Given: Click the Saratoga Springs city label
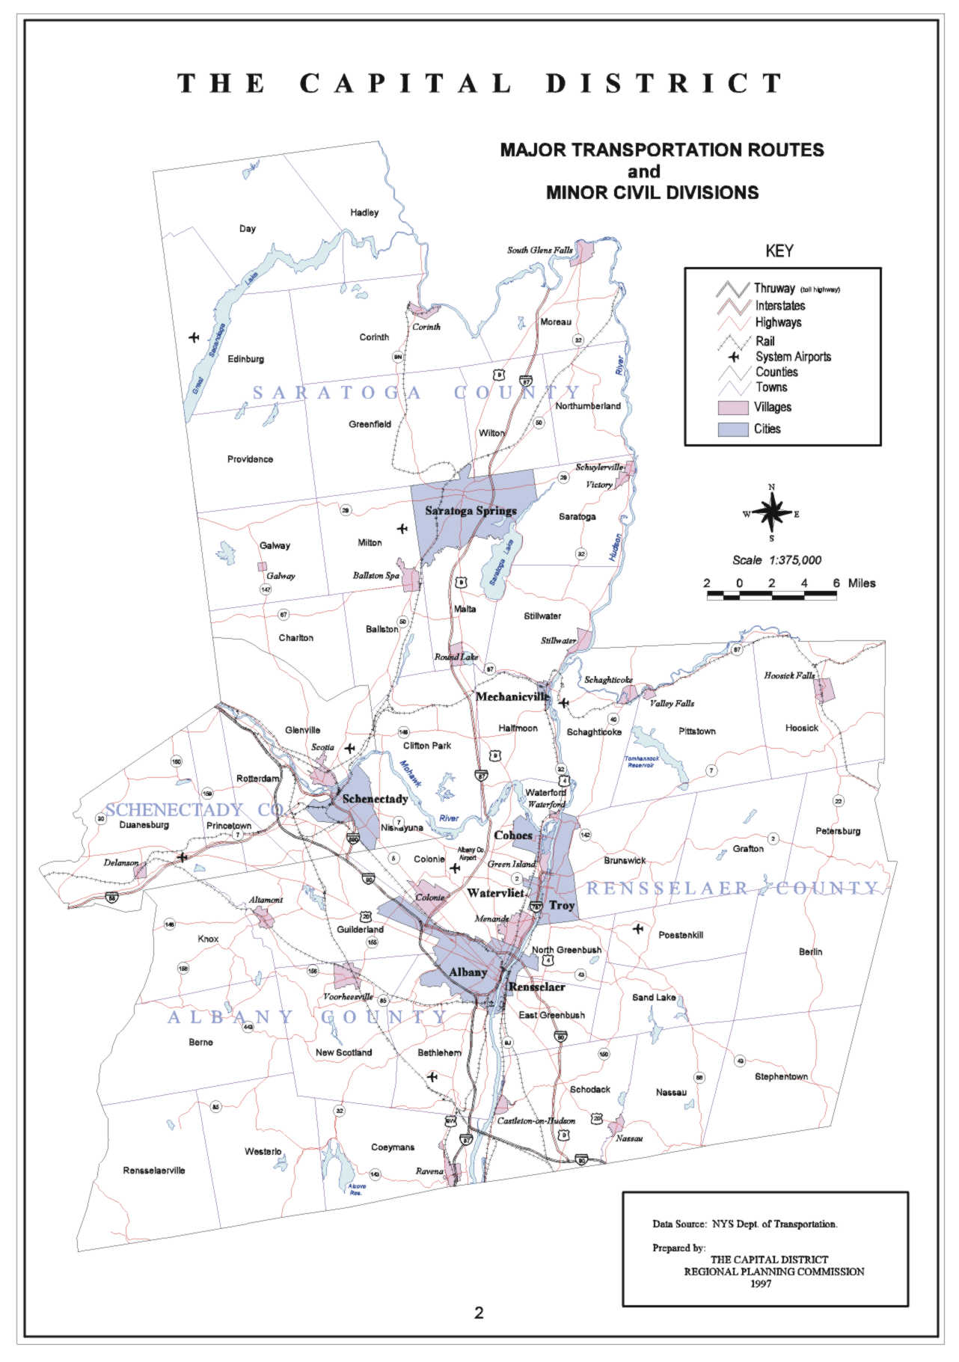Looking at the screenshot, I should point(471,511).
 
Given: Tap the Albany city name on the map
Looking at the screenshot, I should point(468,972).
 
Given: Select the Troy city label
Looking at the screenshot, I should point(562,906).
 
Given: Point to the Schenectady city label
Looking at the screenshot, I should point(375,799).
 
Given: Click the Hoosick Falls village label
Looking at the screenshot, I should point(789,675).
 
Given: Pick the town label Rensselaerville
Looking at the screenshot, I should point(154,1171).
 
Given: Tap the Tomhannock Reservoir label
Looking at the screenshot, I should point(642,761).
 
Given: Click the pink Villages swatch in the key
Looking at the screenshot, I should point(733,408).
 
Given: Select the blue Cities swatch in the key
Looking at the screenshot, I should point(733,429).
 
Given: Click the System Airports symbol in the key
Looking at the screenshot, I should point(734,358).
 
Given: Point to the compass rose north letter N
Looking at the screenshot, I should point(772,488).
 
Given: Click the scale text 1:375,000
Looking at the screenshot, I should point(794,560).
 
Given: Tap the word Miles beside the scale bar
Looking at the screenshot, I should point(861,583).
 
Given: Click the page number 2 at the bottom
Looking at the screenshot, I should point(479,1313).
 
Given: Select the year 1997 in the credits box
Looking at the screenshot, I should point(761,1283).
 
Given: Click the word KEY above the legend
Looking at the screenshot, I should point(779,251).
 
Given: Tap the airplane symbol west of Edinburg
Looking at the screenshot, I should point(194,337).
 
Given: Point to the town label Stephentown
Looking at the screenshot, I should point(781,1076).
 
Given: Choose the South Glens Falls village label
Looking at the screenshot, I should point(539,250).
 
